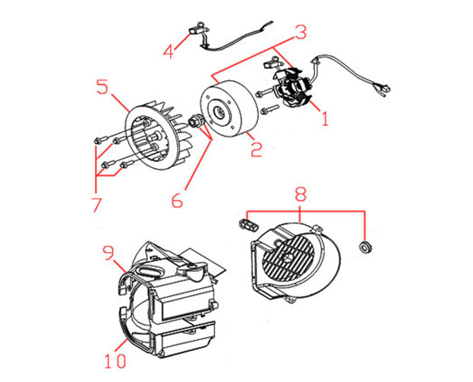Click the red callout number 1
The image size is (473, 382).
pyautogui.click(x=324, y=118)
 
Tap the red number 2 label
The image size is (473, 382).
pyautogui.click(x=256, y=149)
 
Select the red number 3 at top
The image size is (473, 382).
pyautogui.click(x=301, y=32)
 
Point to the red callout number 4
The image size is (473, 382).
pyautogui.click(x=169, y=50)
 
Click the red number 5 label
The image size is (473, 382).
pyautogui.click(x=102, y=86)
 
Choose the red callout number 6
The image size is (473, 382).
pyautogui.click(x=177, y=199)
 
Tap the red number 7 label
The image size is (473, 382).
pyautogui.click(x=96, y=205)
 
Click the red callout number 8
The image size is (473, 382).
pyautogui.click(x=301, y=194)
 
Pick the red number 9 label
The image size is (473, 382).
pyautogui.click(x=109, y=253)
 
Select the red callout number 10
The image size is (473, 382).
pyautogui.click(x=115, y=361)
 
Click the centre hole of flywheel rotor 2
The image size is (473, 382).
pyautogui.click(x=219, y=112)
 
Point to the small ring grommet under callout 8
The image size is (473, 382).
pyautogui.click(x=365, y=247)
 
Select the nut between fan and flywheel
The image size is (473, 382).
pyautogui.click(x=195, y=121)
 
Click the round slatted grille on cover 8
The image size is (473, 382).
pyautogui.click(x=289, y=258)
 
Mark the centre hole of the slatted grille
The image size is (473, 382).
pyautogui.click(x=287, y=257)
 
